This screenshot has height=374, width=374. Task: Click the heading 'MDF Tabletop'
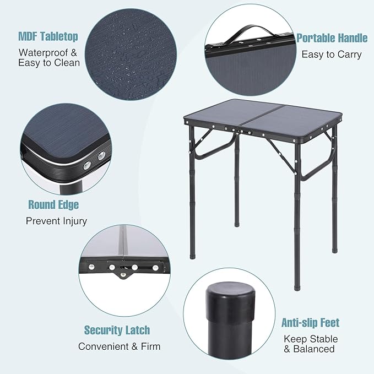(48, 36)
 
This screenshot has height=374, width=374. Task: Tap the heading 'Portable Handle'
(332, 38)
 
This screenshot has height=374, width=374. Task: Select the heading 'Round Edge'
(53, 205)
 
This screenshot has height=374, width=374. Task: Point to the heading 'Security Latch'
(117, 330)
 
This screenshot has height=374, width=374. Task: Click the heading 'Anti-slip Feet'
(310, 323)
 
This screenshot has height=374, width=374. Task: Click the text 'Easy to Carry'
(332, 55)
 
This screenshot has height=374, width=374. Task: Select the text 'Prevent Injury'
(56, 221)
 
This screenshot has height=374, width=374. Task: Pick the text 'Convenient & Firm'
(120, 346)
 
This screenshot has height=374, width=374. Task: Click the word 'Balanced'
(314, 349)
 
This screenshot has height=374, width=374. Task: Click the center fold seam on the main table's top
(261, 117)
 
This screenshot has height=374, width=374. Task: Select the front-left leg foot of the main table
(192, 257)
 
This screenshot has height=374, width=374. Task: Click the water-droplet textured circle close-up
(131, 55)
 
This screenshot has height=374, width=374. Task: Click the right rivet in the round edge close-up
(101, 156)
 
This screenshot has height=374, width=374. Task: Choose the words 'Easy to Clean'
(49, 63)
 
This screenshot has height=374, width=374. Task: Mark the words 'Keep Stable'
(311, 339)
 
